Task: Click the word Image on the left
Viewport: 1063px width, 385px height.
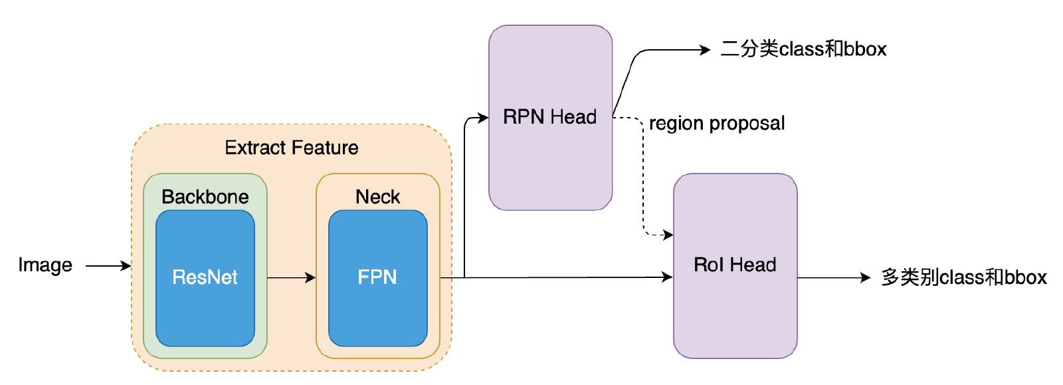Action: (x=45, y=265)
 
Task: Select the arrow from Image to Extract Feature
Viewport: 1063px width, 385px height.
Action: (x=108, y=266)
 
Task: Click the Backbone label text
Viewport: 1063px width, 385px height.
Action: (x=205, y=197)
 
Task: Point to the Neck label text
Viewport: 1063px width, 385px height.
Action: (x=377, y=197)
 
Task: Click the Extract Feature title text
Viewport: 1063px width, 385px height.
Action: (x=291, y=148)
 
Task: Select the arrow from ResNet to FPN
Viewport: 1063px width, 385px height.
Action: (x=291, y=277)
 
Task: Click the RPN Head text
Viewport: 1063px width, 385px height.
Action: (x=549, y=118)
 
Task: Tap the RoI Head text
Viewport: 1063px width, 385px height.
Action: (x=735, y=265)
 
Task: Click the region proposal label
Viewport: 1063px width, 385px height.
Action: (x=717, y=124)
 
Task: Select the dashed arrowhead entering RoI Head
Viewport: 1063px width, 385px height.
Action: (x=668, y=235)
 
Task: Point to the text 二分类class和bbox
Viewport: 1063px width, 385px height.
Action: (x=803, y=49)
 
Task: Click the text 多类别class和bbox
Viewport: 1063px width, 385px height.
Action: (x=963, y=277)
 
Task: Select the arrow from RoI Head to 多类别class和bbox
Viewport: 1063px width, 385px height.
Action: (x=834, y=277)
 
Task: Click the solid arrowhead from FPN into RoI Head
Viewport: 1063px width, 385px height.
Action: (x=668, y=277)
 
